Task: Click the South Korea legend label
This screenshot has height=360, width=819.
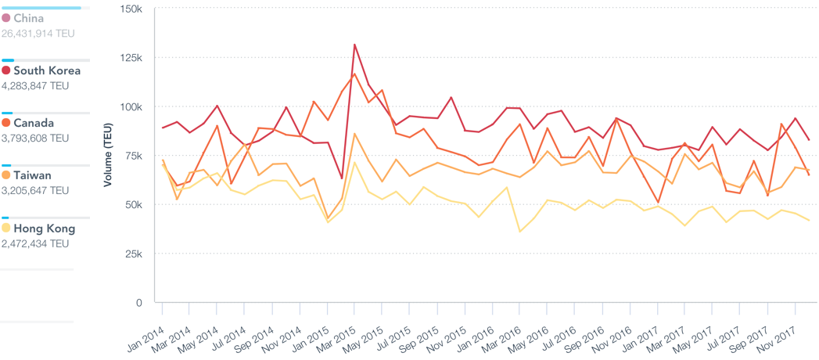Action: (x=47, y=70)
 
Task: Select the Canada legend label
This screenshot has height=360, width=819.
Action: (x=34, y=123)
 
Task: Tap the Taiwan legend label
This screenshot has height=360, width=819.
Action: (x=33, y=175)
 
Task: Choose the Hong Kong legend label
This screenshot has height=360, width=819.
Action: (x=45, y=229)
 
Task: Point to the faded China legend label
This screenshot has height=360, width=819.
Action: (x=29, y=18)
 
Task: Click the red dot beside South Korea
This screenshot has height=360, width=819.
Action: (x=6, y=70)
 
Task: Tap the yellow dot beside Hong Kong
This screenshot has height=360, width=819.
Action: (x=6, y=229)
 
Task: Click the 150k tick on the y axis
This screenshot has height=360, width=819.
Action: (x=130, y=9)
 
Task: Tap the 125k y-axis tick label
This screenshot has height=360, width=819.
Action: (x=130, y=58)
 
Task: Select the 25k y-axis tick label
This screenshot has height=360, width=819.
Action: (x=132, y=254)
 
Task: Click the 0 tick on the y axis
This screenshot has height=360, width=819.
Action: (x=139, y=303)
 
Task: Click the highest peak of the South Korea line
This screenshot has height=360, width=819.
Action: (x=354, y=45)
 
